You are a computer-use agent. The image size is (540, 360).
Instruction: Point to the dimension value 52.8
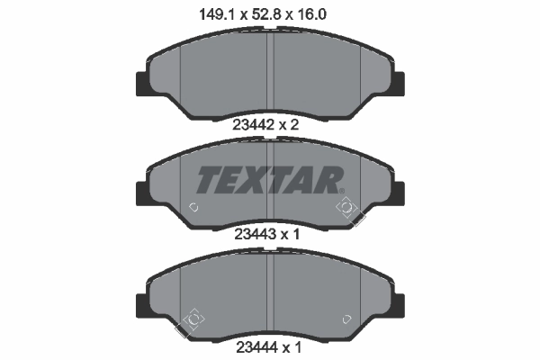[x=270, y=13]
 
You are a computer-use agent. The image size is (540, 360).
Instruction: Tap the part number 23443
[x=253, y=233]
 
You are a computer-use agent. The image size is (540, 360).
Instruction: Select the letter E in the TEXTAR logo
[x=227, y=180]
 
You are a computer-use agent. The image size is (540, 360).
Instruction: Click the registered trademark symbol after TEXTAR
[x=343, y=188]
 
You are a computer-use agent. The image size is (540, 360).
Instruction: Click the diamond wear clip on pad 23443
[x=346, y=209]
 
